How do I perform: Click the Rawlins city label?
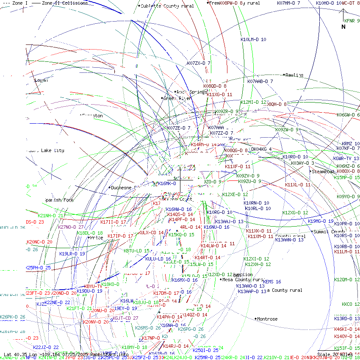294,75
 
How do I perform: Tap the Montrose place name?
267,319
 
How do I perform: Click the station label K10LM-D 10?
253,39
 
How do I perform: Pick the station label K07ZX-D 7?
199,63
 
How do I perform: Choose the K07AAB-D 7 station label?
260,81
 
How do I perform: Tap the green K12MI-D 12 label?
253,102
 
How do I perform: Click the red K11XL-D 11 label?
298,185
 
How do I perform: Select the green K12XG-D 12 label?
295,213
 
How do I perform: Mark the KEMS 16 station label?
272,282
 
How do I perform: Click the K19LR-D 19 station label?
72,254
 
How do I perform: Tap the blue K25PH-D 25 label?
38,268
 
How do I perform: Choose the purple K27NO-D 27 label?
71,227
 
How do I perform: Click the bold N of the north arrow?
343,27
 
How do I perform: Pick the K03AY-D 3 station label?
302,163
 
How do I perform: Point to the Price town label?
97,238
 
